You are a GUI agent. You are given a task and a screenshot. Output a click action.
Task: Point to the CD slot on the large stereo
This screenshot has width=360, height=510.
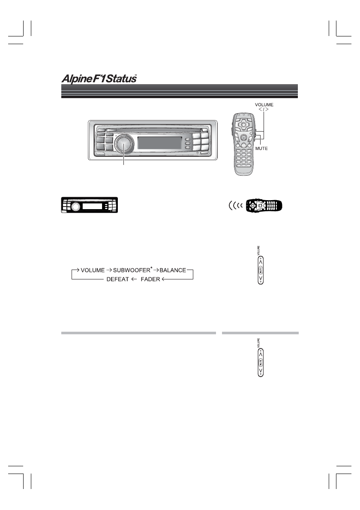(152, 128)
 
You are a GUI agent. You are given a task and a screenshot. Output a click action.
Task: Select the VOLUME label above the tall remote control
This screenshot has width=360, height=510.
(264, 104)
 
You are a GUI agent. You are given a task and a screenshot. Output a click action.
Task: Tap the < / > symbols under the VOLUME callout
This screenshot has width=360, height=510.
(264, 110)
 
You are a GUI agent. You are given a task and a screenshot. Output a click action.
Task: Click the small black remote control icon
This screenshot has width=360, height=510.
(262, 206)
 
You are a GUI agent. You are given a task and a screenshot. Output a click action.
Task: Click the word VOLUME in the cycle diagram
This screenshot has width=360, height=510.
(93, 270)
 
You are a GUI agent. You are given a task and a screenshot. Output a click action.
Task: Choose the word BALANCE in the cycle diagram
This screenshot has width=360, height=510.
(173, 270)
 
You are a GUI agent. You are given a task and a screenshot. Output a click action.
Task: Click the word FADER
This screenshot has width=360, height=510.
(150, 279)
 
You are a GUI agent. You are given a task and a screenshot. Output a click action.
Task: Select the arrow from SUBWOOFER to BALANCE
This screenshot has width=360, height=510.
(156, 270)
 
